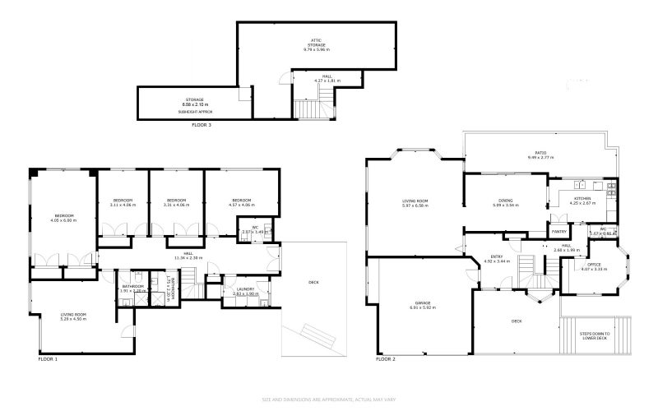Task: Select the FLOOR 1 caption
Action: tap(49, 359)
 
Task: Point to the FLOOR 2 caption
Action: tap(386, 359)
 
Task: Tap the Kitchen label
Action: tap(582, 198)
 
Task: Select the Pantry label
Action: tap(559, 232)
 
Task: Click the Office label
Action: tap(593, 265)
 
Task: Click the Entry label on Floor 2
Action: tap(497, 257)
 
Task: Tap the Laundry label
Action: tap(245, 289)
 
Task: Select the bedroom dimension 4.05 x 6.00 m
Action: tap(63, 220)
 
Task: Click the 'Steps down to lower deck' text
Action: tap(592, 335)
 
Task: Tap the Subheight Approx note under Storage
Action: tap(196, 111)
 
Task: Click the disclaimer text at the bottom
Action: tap(329, 399)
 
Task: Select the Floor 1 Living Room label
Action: tap(73, 317)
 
